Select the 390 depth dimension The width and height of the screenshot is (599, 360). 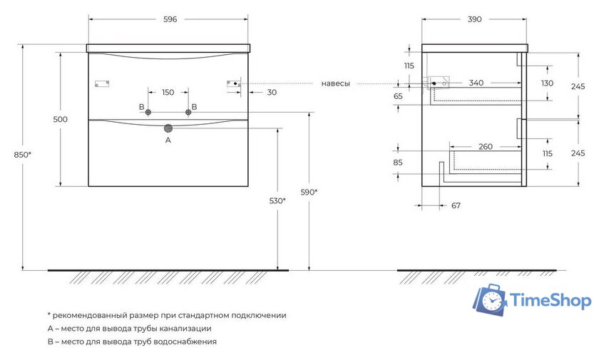point(473,19)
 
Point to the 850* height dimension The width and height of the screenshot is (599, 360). point(11,155)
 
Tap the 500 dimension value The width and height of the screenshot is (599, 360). point(60,119)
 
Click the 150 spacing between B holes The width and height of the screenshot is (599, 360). point(168,92)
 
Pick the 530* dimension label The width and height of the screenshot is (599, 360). point(277,200)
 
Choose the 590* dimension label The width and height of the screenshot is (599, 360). point(308,192)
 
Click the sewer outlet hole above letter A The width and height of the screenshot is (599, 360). point(168,128)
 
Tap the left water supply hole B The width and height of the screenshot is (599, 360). point(148,112)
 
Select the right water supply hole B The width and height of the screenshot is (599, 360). point(189,112)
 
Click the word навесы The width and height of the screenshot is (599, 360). point(335,83)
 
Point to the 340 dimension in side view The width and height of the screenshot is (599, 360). point(476,83)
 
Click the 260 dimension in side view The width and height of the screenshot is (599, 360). point(485,147)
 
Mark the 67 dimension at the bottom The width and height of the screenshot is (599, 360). point(456,206)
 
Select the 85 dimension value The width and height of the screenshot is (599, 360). point(397,162)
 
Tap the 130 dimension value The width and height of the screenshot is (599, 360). point(547,83)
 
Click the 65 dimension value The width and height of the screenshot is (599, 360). point(397,96)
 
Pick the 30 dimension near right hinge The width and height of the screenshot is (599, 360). point(272,92)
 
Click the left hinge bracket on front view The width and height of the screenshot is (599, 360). point(101,83)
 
